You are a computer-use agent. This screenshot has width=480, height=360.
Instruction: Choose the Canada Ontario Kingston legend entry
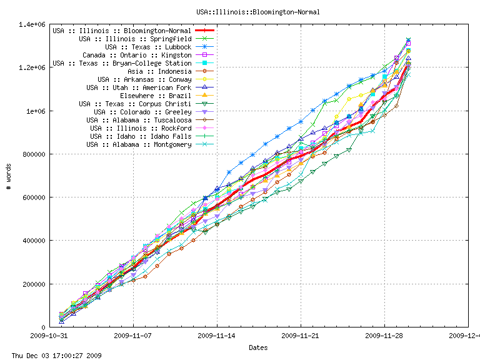[137, 55]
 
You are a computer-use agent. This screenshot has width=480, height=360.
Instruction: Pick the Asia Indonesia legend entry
[156, 71]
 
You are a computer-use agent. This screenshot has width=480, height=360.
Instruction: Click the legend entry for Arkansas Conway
[144, 79]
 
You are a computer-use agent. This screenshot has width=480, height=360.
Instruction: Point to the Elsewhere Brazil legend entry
[156, 96]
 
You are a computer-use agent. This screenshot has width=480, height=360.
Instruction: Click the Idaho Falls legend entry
[141, 136]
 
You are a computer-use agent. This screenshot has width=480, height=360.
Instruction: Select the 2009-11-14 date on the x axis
[217, 335]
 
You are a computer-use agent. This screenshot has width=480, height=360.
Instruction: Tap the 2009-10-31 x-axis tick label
[49, 335]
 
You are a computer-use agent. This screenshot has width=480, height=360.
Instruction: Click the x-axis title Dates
[258, 347]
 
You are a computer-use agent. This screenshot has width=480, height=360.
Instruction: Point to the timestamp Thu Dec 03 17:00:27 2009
[52, 355]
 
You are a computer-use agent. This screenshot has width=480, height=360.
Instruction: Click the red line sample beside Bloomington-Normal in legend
[205, 31]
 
